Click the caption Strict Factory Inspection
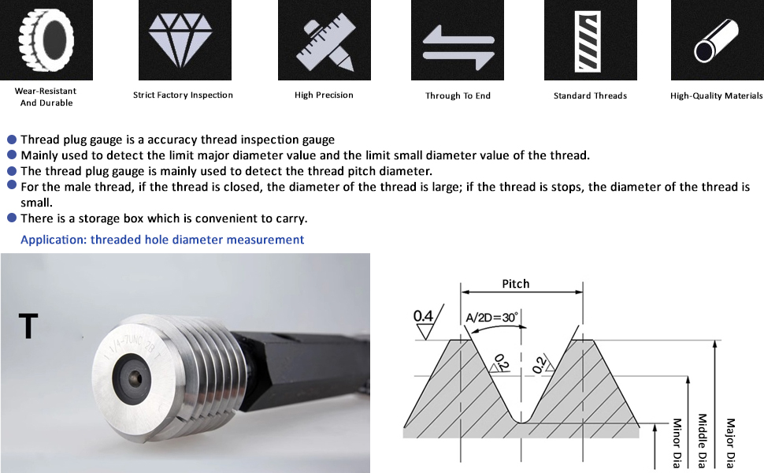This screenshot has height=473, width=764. tap(183, 95)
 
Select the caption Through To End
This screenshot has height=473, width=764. tap(458, 95)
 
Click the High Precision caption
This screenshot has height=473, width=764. tap(324, 95)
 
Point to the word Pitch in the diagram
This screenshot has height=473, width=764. tap(516, 284)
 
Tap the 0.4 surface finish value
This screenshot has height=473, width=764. tap(424, 316)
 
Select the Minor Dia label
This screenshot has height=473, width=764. tap(676, 441)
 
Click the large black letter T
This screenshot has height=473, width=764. tap(28, 326)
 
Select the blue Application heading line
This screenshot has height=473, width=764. tap(161, 240)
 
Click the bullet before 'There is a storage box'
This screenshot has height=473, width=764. tap(12, 218)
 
